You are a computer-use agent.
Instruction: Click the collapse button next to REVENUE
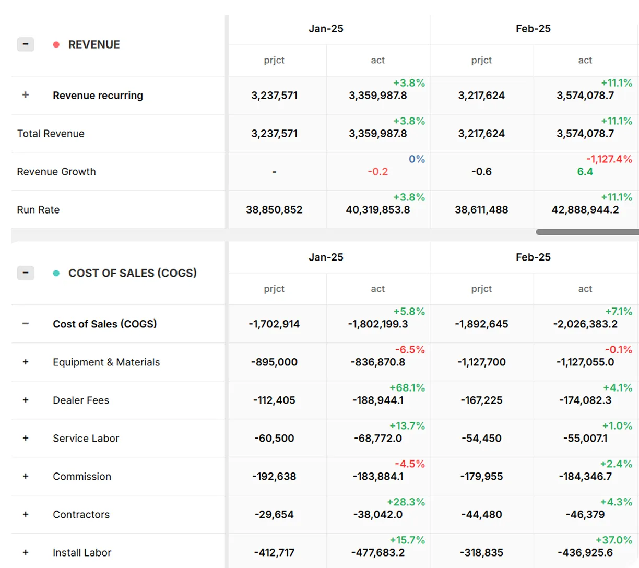pyautogui.click(x=26, y=44)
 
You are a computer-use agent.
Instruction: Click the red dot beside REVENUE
pyautogui.click(x=56, y=45)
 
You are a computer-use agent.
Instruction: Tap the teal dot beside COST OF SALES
pyautogui.click(x=56, y=273)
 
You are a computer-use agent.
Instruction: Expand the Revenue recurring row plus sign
pyautogui.click(x=26, y=95)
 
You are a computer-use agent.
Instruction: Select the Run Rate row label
pyautogui.click(x=38, y=210)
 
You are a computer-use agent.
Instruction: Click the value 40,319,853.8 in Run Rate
pyautogui.click(x=377, y=210)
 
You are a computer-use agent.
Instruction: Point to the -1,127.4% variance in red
pyautogui.click(x=609, y=159)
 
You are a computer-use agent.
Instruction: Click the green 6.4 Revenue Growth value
pyautogui.click(x=585, y=172)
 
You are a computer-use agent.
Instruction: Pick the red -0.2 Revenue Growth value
pyautogui.click(x=377, y=172)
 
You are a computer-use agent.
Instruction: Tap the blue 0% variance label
pyautogui.click(x=417, y=159)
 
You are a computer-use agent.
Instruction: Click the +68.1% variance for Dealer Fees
pyautogui.click(x=407, y=388)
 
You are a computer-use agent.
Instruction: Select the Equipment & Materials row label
pyautogui.click(x=106, y=362)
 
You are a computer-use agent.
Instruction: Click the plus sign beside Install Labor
pyautogui.click(x=26, y=552)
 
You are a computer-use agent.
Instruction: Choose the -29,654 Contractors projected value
pyautogui.click(x=274, y=515)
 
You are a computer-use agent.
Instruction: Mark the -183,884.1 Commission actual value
pyautogui.click(x=377, y=477)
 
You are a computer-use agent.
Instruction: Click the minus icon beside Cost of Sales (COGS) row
pyautogui.click(x=26, y=324)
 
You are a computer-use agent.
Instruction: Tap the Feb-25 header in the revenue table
pyautogui.click(x=533, y=29)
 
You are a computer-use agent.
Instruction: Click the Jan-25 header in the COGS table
pyautogui.click(x=326, y=257)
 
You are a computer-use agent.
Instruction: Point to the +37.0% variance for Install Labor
pyautogui.click(x=613, y=540)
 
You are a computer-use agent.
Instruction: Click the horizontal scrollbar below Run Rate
pyautogui.click(x=587, y=232)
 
